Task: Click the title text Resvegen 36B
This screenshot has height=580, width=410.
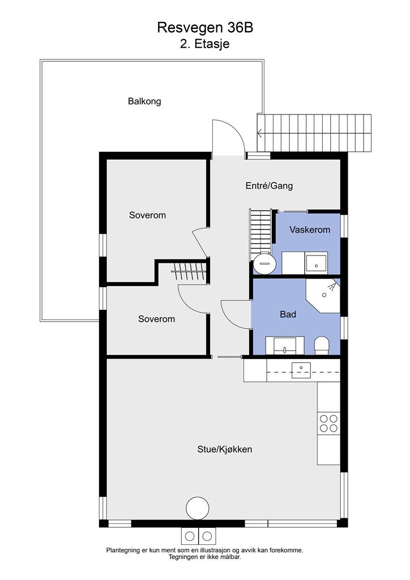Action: [x=205, y=28]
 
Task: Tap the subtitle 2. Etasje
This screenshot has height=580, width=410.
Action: [x=205, y=44]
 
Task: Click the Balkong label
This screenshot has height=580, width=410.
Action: [x=144, y=101]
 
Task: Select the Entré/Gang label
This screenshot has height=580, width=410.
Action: [x=269, y=185]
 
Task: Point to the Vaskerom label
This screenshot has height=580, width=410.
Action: [x=310, y=230]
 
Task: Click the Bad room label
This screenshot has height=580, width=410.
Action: [x=288, y=314]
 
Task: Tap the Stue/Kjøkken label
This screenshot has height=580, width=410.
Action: [x=225, y=449]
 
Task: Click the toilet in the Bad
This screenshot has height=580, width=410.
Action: [x=321, y=346]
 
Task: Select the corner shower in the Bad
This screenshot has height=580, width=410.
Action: [x=323, y=295]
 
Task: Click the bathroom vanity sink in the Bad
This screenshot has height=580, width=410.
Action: [x=285, y=346]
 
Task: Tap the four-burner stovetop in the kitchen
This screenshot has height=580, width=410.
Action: [x=328, y=424]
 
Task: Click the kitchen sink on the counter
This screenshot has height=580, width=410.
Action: [x=301, y=370]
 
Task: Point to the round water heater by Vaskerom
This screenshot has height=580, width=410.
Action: [x=264, y=264]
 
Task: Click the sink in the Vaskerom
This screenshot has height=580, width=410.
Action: [x=316, y=263]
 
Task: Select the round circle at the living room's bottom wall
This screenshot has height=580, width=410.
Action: [x=198, y=508]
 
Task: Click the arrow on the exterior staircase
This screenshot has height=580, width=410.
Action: [x=260, y=133]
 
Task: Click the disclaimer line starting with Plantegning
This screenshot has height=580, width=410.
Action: [x=205, y=551]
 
